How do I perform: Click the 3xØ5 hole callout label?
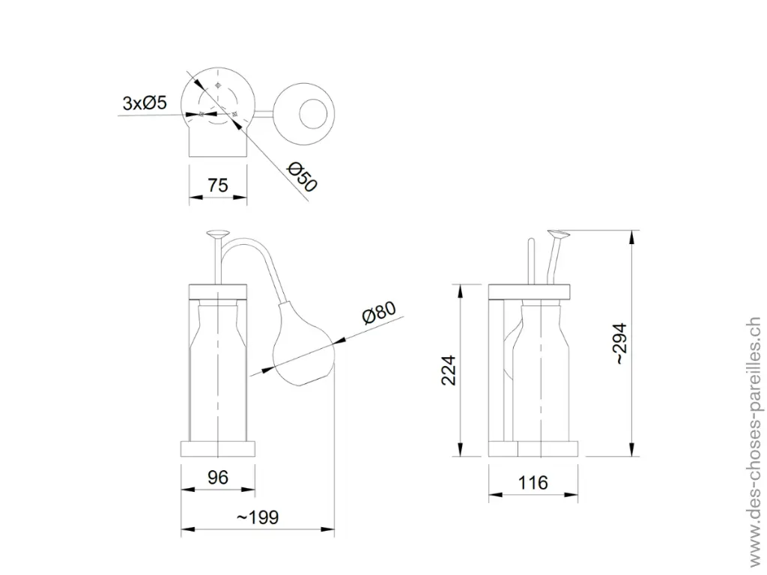coord(145,103)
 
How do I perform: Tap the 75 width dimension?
coord(218,185)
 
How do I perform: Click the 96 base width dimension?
coord(218,477)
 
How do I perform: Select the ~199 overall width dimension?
coord(257,517)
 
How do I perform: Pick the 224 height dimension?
coord(448,370)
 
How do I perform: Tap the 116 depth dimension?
coord(533,482)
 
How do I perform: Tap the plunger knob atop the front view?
coord(219,234)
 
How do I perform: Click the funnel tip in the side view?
coord(560,235)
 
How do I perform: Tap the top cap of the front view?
coord(218,290)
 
